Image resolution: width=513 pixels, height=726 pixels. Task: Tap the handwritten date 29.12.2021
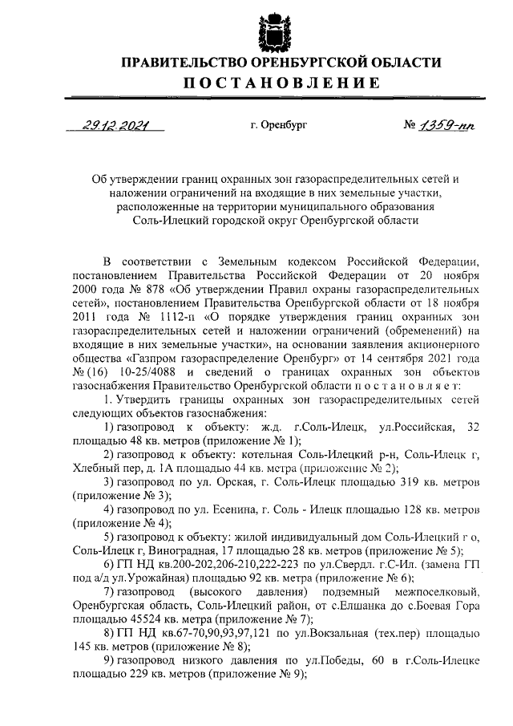coord(113,124)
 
